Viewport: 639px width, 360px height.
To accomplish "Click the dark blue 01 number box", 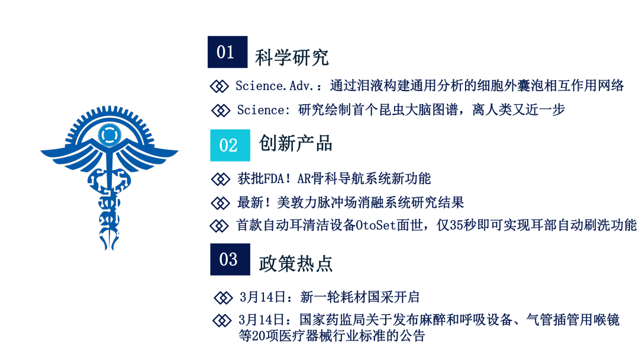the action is (227, 52).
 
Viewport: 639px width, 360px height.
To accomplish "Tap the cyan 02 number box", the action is (230, 145).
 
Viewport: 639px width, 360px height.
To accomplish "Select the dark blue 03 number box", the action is (230, 259).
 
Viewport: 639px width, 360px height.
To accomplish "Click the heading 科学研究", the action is (292, 57).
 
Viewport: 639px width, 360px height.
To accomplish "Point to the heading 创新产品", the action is (296, 143).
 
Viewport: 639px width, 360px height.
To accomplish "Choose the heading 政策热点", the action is (296, 263).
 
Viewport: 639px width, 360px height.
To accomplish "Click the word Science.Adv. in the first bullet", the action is (275, 86).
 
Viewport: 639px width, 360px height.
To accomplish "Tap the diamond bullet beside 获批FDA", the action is (221, 179).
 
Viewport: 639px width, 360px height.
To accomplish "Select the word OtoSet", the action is (376, 225).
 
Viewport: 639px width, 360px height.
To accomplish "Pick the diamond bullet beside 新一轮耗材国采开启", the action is (223, 298).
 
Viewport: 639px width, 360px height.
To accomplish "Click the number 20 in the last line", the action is (259, 336).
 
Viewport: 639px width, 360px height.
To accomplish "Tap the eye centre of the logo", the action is (109, 134).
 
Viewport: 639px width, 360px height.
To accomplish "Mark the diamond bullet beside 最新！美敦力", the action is (221, 202).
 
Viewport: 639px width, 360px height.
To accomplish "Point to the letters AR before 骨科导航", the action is (304, 179).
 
